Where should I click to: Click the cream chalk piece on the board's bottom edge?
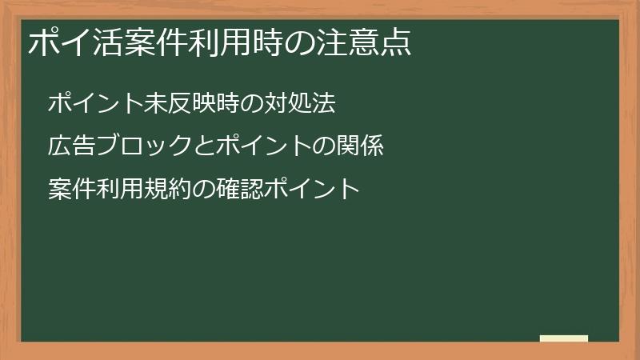click(x=563, y=339)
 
